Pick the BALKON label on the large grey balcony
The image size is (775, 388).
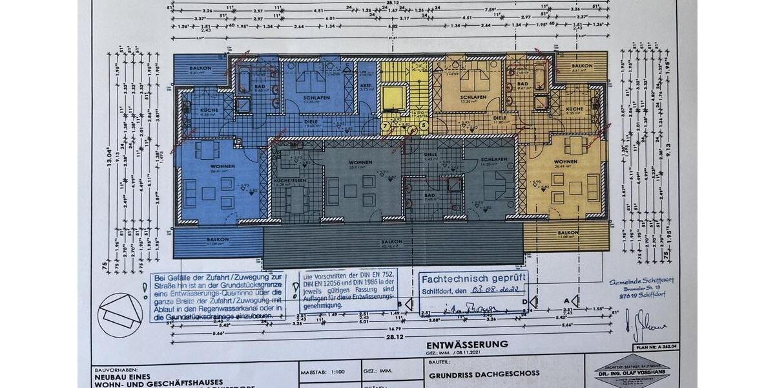pyautogui.click(x=392, y=242)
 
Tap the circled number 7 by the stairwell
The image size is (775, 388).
pyautogui.click(x=386, y=126)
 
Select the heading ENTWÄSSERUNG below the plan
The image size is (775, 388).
pyautogui.click(x=467, y=345)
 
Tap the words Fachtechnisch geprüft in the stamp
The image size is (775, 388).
pyautogui.click(x=474, y=277)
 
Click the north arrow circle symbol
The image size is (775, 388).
pyautogui.click(x=120, y=315)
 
